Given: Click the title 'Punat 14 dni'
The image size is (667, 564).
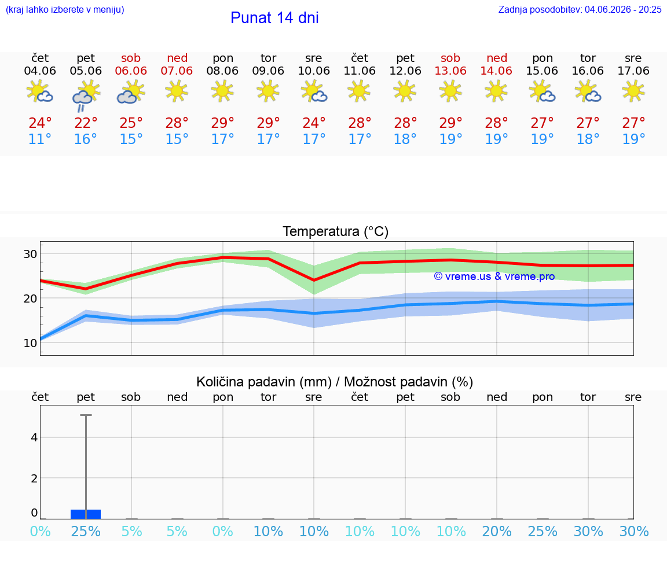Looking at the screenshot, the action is click(x=274, y=18).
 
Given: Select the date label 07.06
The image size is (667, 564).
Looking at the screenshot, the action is click(x=177, y=71).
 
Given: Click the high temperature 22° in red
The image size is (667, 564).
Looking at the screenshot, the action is click(x=86, y=123).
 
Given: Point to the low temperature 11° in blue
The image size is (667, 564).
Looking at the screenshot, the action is click(x=40, y=139).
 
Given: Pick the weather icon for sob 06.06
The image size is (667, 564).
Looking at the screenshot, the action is click(x=131, y=93).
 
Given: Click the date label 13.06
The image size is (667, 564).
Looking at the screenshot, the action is click(x=450, y=71).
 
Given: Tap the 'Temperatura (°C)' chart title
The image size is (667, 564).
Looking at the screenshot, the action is click(x=336, y=231).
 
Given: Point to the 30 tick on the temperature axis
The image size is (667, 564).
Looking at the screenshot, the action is click(x=30, y=254).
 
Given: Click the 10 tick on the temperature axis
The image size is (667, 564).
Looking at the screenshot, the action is click(x=30, y=343).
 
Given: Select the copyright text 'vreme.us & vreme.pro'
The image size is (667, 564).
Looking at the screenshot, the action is click(x=494, y=277).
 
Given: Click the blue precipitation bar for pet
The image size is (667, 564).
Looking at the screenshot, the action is click(x=86, y=514).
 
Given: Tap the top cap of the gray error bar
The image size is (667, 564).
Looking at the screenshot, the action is click(x=86, y=415).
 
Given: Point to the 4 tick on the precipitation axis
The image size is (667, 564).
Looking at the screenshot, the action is click(x=35, y=437).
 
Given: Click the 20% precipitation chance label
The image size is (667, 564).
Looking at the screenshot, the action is click(x=496, y=531).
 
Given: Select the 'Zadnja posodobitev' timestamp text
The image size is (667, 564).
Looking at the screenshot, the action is click(x=580, y=9).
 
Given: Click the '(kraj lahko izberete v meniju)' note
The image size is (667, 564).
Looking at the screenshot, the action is click(x=65, y=9).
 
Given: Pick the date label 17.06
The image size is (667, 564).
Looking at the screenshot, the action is click(x=633, y=71).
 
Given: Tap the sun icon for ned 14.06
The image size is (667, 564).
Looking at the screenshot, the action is click(x=496, y=91).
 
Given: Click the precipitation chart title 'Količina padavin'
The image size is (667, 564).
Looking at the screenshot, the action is click(x=264, y=382).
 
